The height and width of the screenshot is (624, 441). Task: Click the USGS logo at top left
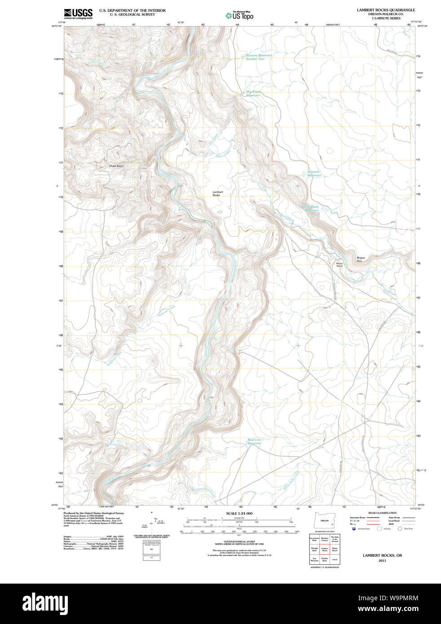[x=78, y=13]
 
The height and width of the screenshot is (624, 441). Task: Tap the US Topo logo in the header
[x=239, y=16]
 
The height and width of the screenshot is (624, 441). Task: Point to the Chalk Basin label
[x=116, y=166]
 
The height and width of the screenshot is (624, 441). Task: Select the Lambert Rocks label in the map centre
[x=217, y=193]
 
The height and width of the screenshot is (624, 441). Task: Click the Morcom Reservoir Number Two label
[x=258, y=57]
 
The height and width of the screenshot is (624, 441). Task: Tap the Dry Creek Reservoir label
[x=253, y=93]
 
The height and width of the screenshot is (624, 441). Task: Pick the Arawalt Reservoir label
[x=314, y=173]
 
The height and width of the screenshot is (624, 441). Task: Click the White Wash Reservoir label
[x=310, y=209]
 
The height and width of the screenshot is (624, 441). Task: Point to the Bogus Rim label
[x=361, y=259]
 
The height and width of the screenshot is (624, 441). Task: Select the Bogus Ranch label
[x=340, y=265]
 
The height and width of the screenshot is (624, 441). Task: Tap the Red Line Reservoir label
[x=254, y=441]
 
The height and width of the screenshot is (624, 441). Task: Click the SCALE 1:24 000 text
[x=239, y=513]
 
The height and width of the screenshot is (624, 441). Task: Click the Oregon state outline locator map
[x=325, y=521]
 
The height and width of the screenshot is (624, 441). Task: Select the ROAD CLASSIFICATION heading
[x=382, y=513]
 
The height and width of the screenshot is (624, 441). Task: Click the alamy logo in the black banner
[x=45, y=603]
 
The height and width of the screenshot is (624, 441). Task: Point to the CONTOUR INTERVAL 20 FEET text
[x=239, y=542]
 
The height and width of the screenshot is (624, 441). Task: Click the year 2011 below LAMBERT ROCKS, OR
[x=382, y=561]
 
